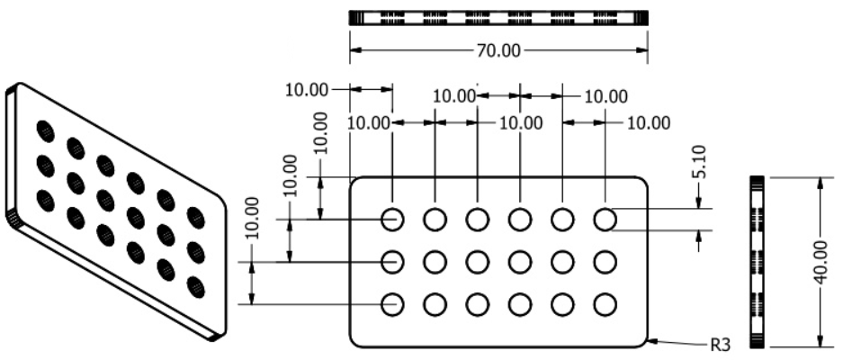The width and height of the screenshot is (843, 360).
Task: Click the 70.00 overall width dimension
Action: coord(498,50)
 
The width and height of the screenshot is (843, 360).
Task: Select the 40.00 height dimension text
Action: coord(820,262)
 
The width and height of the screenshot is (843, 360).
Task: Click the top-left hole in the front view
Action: coord(391,219)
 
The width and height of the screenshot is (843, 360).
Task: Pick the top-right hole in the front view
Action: coord(605,219)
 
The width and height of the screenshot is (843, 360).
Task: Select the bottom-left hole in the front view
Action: coord(391,304)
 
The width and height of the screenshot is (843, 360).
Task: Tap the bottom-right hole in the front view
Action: coord(605,304)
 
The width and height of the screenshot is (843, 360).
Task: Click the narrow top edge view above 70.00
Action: coord(498,17)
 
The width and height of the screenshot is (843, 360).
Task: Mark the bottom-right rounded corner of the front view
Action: coord(644,343)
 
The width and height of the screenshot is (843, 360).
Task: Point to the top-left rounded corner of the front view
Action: coord(354,180)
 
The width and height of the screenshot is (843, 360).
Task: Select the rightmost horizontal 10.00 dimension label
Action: coord(648,122)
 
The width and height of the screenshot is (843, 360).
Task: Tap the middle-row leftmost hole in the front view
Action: coord(391,262)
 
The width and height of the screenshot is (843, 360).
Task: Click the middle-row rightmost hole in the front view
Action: coord(605,262)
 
